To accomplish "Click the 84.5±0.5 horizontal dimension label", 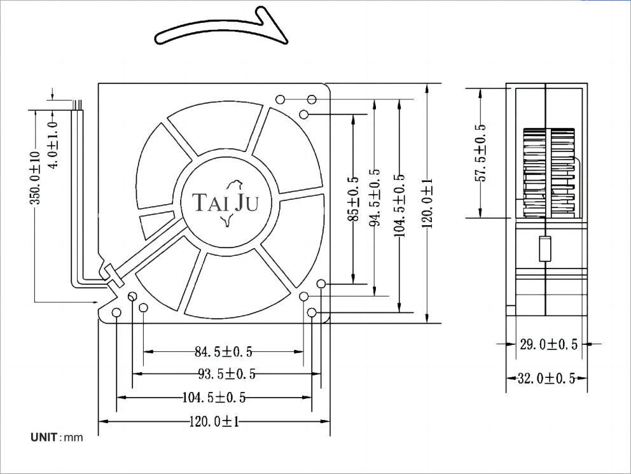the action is tap(223, 352).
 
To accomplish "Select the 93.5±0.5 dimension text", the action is tap(227, 374).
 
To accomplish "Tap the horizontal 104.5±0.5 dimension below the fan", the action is tap(214, 398).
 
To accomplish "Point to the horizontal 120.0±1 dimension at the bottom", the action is tap(214, 421).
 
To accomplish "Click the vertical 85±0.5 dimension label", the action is tap(353, 199).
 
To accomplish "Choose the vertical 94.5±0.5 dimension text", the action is tap(375, 197).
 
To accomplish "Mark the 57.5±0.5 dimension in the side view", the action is tap(480, 153).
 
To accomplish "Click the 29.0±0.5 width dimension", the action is tap(548, 344).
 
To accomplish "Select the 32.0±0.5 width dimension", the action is tap(546, 378).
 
